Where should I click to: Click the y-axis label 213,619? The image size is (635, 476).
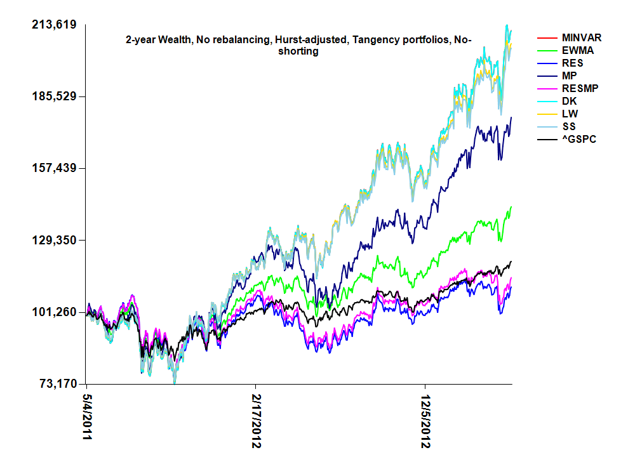(54, 25)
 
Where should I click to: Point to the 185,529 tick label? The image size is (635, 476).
(54, 96)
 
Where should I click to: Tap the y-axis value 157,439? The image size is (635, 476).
(54, 168)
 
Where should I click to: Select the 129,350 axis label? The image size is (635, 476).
(54, 241)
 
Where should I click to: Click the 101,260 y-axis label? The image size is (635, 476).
(54, 312)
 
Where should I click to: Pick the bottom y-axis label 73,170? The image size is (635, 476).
(56, 384)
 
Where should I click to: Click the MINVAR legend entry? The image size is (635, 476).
(582, 38)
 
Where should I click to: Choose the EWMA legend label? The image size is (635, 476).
(577, 51)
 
